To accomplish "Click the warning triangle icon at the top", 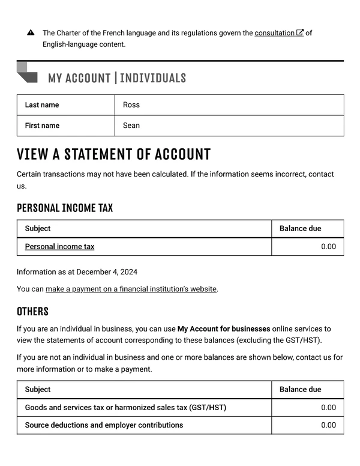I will tap(31, 33).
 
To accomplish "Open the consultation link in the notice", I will tap(274, 33).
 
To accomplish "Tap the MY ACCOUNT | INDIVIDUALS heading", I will tap(116, 78).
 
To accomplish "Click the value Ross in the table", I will tap(131, 105).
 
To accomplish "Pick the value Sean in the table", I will tap(131, 126).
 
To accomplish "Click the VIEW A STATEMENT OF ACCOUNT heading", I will tap(114, 154).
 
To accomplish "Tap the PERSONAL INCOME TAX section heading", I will tap(65, 208).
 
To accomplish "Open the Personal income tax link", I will tap(59, 247).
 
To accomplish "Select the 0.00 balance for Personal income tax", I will tap(328, 247).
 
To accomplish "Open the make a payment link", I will tap(131, 289).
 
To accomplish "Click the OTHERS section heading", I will tap(32, 311).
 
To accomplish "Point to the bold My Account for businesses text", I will tap(223, 329).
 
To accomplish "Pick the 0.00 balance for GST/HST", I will tap(328, 408).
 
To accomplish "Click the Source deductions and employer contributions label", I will tap(104, 425).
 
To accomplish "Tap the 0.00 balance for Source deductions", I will tap(328, 425).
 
